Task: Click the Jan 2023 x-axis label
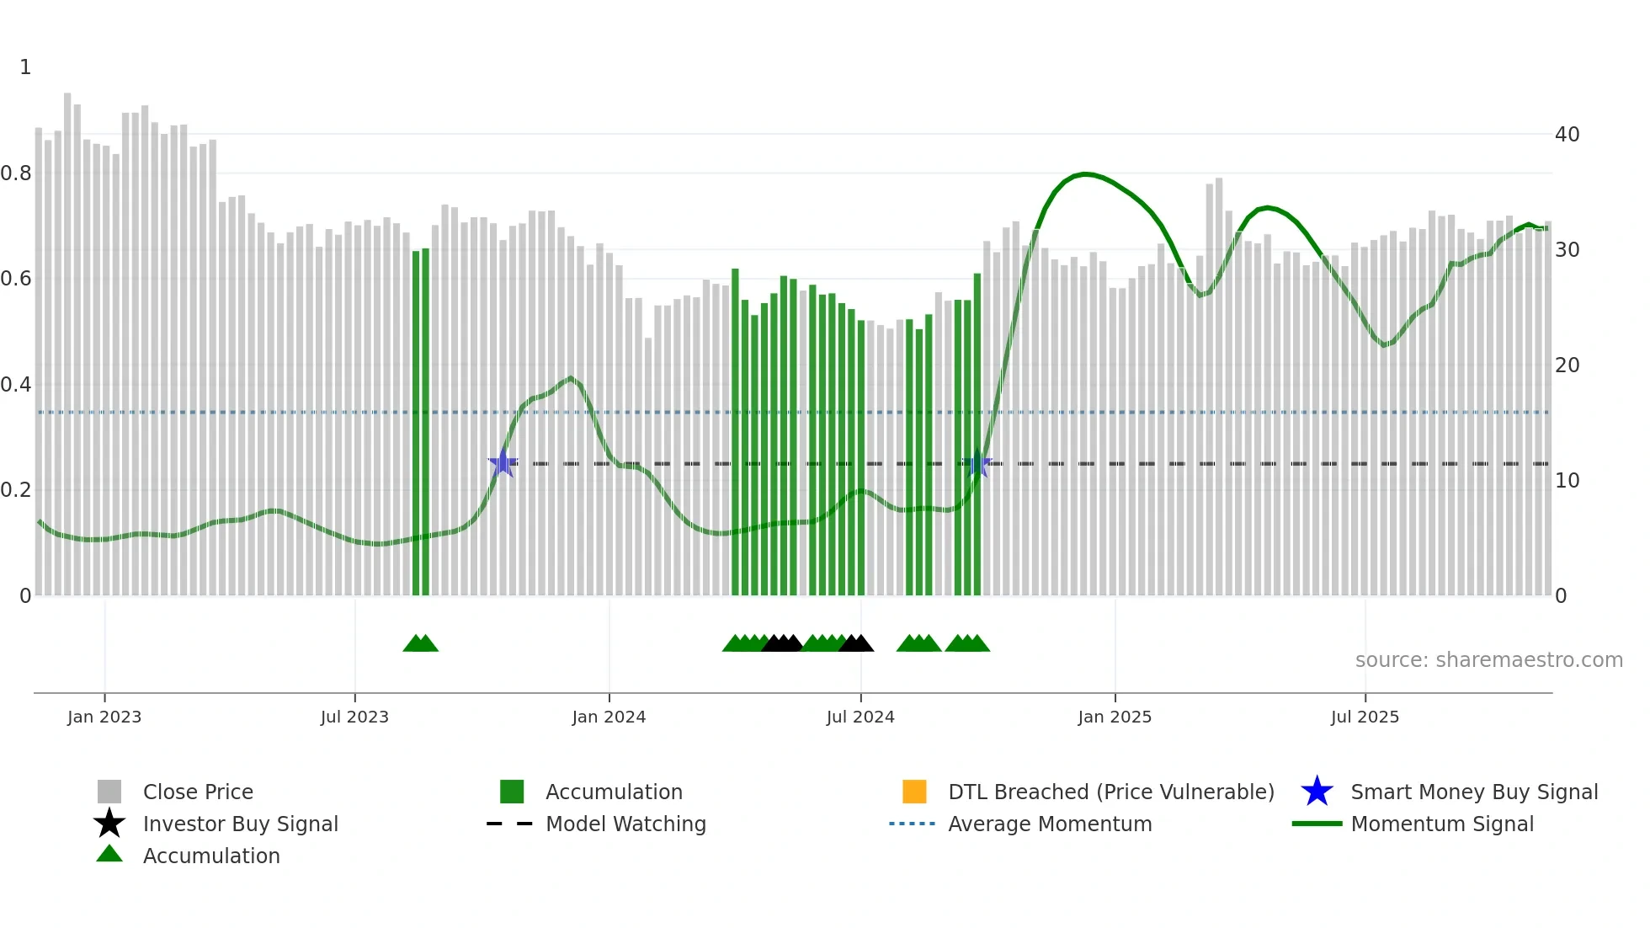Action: [104, 717]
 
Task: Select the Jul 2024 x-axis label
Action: [860, 717]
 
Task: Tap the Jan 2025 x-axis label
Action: [1115, 717]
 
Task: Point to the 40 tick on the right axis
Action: [1567, 135]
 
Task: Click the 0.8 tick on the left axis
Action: [16, 173]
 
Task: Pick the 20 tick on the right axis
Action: [1567, 365]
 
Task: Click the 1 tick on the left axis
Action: [25, 67]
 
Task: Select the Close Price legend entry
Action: [197, 792]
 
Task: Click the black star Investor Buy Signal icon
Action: [109, 824]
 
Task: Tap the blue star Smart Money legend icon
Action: [1317, 792]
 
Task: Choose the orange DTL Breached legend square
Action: [914, 792]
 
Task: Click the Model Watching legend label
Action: [625, 824]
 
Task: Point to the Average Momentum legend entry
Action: [1050, 824]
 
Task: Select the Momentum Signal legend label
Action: [1442, 824]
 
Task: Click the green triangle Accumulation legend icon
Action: [109, 854]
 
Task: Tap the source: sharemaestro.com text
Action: [1488, 660]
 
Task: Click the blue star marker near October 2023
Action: [503, 463]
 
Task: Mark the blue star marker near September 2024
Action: [977, 463]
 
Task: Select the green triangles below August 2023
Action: [421, 643]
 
